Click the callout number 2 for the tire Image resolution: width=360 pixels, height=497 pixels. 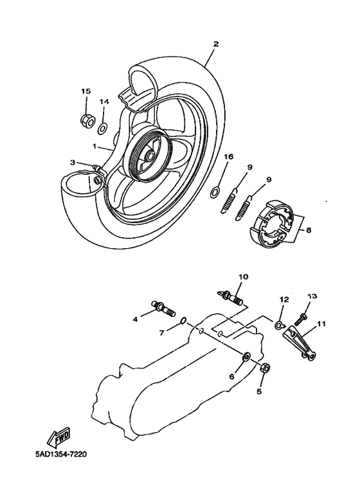click(x=216, y=44)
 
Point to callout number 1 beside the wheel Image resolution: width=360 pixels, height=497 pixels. click(x=94, y=147)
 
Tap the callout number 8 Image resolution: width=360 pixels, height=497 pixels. click(x=308, y=229)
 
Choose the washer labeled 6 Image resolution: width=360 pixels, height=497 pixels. click(x=246, y=356)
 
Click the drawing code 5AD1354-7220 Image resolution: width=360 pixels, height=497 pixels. click(x=61, y=454)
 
